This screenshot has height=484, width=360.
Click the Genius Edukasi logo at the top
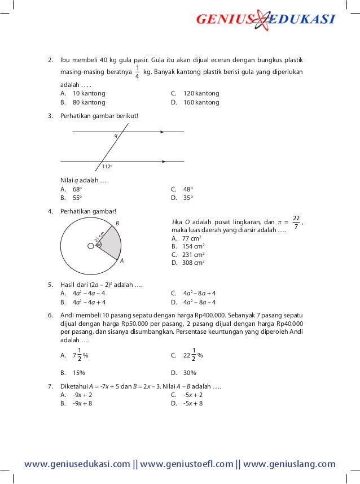click(x=265, y=20)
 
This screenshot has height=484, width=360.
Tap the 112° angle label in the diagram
click(x=107, y=167)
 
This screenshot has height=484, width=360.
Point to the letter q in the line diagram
click(x=116, y=136)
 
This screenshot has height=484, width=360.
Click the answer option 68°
click(x=77, y=189)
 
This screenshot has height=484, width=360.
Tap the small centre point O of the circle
click(x=90, y=246)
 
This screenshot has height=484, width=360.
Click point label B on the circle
click(x=117, y=224)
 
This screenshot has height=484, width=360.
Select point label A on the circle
click(x=121, y=261)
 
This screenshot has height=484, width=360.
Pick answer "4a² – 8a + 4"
click(x=199, y=293)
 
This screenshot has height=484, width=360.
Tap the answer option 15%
click(x=78, y=373)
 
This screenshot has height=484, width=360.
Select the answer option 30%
click(x=190, y=373)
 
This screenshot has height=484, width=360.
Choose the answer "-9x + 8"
click(x=82, y=404)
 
